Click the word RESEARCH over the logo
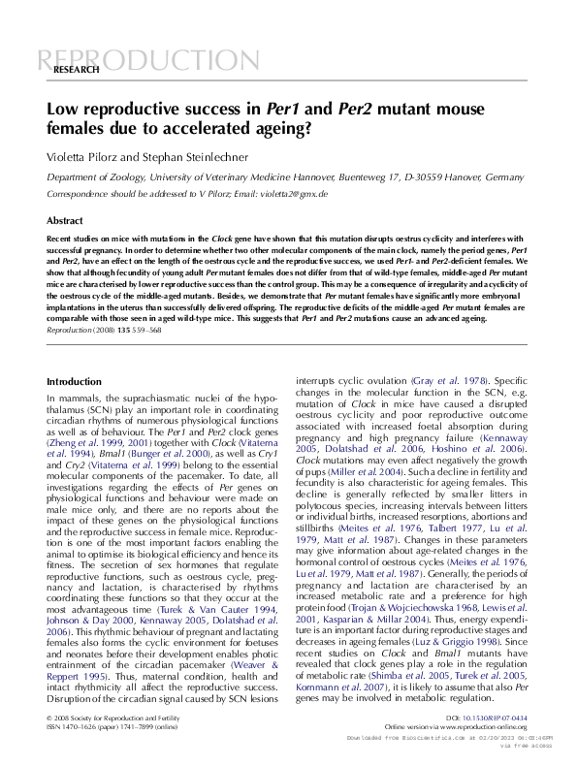(77, 71)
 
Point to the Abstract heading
(65, 221)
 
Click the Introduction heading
(74, 382)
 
